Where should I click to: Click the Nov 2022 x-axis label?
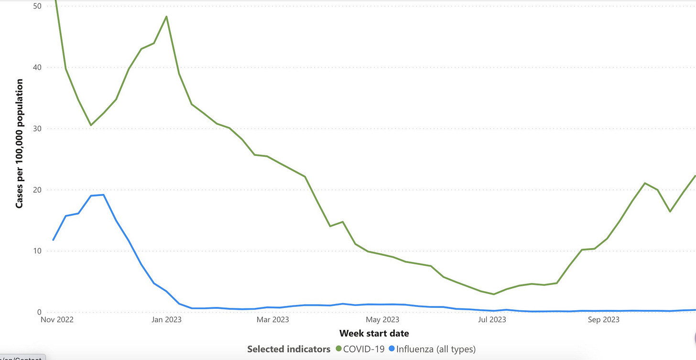(x=56, y=319)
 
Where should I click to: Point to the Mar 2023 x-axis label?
(x=272, y=319)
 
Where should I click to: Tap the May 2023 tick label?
(x=383, y=319)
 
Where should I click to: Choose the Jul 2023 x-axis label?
(x=492, y=319)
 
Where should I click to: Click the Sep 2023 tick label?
(x=603, y=319)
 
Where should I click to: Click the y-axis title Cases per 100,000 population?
(x=20, y=143)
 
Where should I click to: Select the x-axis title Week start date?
(x=374, y=333)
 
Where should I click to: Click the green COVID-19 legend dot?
(x=339, y=349)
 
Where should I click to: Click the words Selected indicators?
(x=288, y=349)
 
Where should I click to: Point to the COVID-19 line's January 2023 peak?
(x=166, y=17)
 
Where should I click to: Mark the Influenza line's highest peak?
(x=103, y=195)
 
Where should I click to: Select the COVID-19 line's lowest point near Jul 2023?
(x=494, y=294)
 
